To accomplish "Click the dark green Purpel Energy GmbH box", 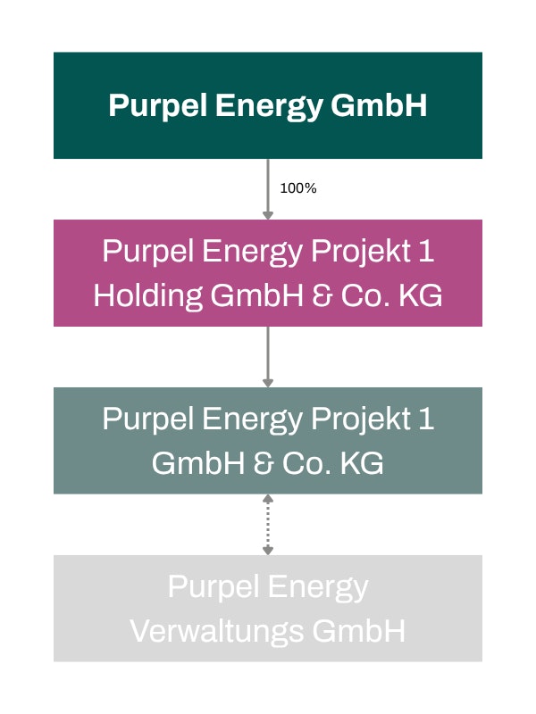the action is point(268,105).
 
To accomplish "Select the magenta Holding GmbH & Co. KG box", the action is point(268,273).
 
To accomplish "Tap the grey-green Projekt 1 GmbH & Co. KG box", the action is point(268,440).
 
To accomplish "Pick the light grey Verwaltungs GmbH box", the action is point(268,608).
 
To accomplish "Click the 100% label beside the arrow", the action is point(298,188).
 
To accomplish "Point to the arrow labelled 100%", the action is point(268,189).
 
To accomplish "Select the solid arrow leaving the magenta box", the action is point(268,356).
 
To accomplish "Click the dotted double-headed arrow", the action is point(268,524).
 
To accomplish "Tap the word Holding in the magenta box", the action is point(148,296).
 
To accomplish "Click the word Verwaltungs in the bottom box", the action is point(217,632).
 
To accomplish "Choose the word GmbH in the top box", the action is point(379,105).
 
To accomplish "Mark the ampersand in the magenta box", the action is point(322,295).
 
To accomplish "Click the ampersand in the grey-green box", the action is point(264,463).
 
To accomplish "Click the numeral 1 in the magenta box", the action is point(427,251).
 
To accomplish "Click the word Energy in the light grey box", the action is point(318,588).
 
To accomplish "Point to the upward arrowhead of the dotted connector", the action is point(268,499).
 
